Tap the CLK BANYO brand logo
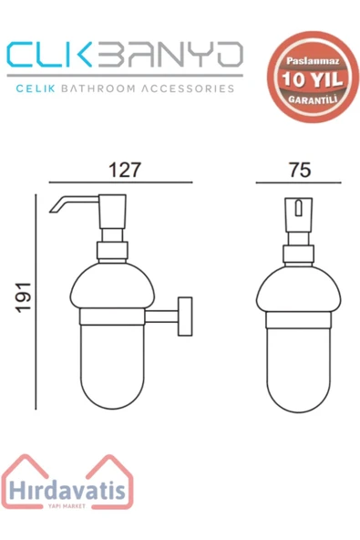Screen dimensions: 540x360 (x=123, y=57)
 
